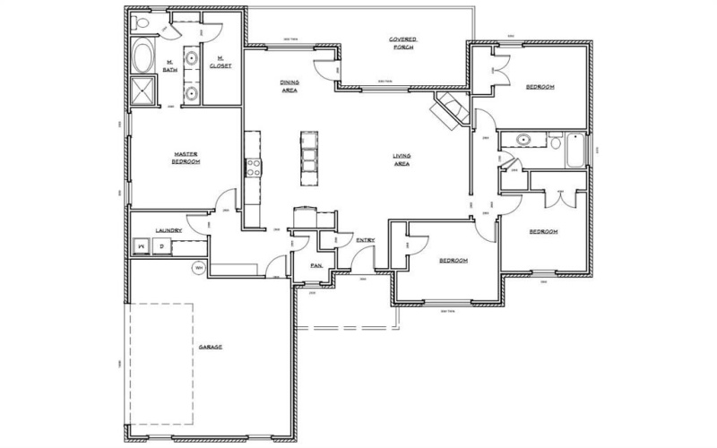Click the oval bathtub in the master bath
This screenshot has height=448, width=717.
click(x=142, y=55)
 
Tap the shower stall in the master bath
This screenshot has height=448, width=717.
click(x=142, y=92)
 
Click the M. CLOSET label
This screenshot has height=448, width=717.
click(x=220, y=63)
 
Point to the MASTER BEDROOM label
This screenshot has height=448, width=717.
click(x=186, y=158)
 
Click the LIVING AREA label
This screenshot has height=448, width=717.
click(x=401, y=160)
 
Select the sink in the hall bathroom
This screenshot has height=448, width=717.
click(x=522, y=140)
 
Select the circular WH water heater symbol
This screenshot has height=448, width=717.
click(x=198, y=266)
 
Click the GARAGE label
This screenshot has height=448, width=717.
click(x=211, y=347)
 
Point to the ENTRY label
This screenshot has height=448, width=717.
click(x=365, y=240)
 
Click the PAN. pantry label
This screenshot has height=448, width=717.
click(x=315, y=265)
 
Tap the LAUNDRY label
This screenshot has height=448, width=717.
click(x=168, y=230)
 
